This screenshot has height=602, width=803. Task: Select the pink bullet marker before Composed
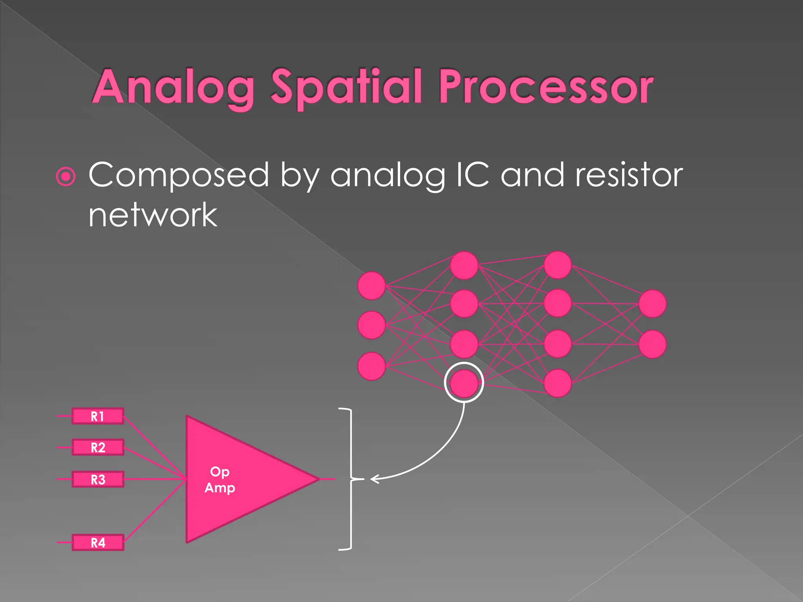(65, 176)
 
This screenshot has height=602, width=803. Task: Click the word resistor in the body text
(629, 175)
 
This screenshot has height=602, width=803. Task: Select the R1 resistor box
(98, 416)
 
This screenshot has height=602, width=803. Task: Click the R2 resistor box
(98, 447)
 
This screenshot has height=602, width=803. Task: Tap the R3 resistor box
(98, 479)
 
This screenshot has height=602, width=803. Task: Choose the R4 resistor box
(98, 543)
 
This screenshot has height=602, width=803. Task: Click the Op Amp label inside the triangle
(220, 480)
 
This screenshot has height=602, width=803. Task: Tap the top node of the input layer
(371, 286)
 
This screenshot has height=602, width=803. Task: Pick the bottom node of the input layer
(371, 366)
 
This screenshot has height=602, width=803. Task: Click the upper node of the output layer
(652, 304)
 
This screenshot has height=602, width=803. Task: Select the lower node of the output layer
(652, 345)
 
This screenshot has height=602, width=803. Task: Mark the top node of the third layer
(558, 265)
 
